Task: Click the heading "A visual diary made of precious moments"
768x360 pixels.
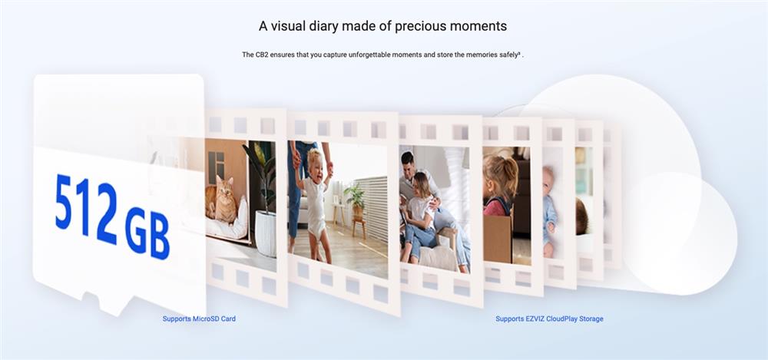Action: pyautogui.click(x=382, y=26)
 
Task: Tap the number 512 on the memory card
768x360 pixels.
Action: pyautogui.click(x=86, y=208)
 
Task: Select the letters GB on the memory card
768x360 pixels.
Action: pyautogui.click(x=147, y=233)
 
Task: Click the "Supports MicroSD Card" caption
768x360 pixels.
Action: pyautogui.click(x=199, y=319)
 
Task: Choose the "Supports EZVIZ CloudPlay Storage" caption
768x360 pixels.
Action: pyautogui.click(x=549, y=319)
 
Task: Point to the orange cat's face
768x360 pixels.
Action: pyautogui.click(x=225, y=186)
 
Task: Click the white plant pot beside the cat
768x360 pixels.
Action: pyautogui.click(x=266, y=233)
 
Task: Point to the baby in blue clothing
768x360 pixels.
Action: pyautogui.click(x=549, y=211)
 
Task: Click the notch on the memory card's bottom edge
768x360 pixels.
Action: pyautogui.click(x=101, y=300)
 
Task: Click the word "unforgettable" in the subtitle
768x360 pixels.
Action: pyautogui.click(x=367, y=54)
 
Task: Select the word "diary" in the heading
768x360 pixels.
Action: pyautogui.click(x=323, y=26)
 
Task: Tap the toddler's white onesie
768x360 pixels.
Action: pyautogui.click(x=315, y=206)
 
